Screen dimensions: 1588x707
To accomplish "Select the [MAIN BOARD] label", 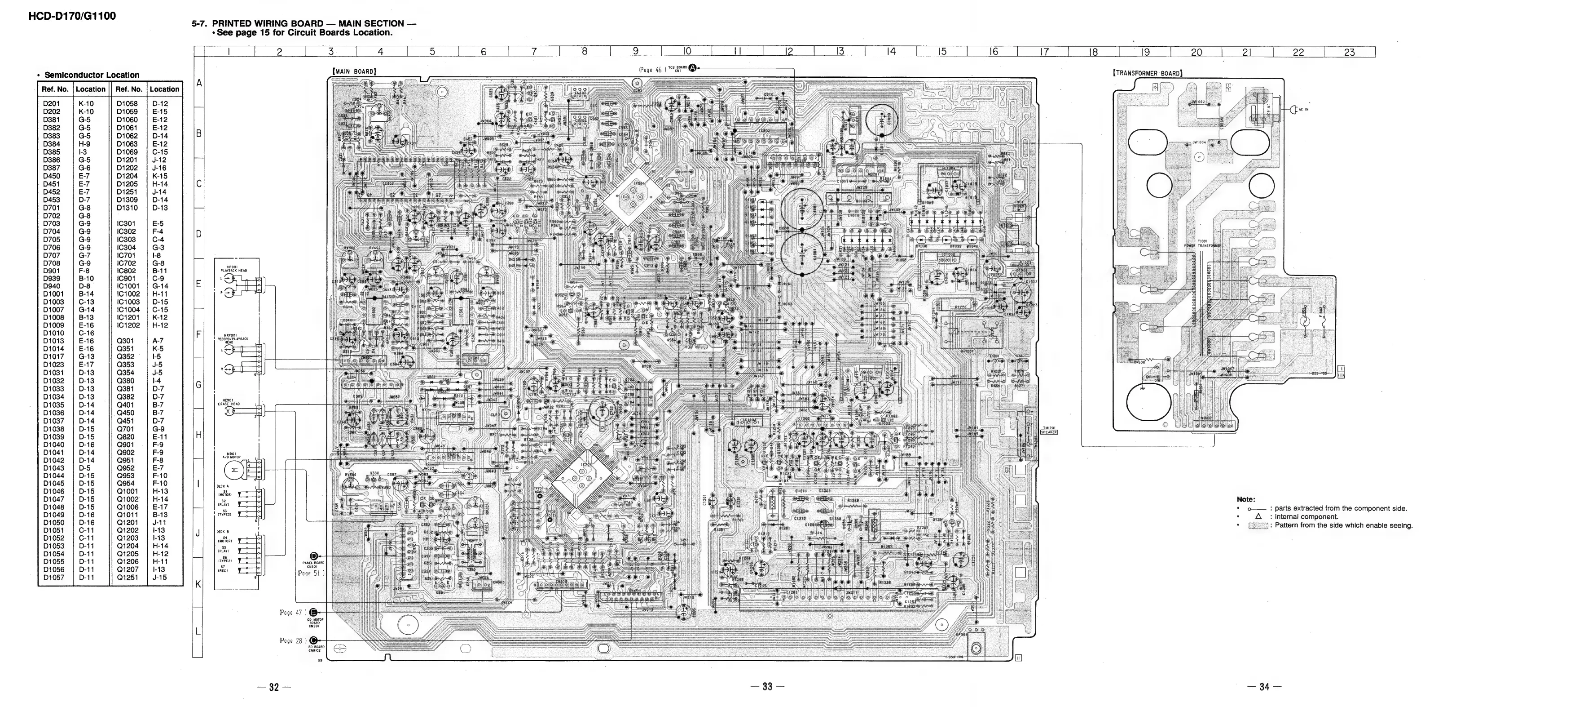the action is [354, 71].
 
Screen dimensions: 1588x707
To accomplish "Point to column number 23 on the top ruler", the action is [1349, 53].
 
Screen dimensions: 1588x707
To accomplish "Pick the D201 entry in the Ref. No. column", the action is [51, 104].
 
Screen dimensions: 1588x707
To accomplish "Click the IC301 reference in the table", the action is [126, 224].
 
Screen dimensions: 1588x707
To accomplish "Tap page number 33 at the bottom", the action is [767, 687].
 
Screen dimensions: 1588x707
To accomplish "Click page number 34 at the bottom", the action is [1264, 687].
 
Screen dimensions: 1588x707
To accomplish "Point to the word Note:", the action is [1246, 499].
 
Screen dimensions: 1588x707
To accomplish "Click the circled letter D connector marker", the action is [314, 556].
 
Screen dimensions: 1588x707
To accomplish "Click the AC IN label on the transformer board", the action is [1303, 109].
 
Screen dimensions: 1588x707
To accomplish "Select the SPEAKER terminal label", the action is [1049, 432].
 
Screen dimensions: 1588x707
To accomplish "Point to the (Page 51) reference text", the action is [311, 573].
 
